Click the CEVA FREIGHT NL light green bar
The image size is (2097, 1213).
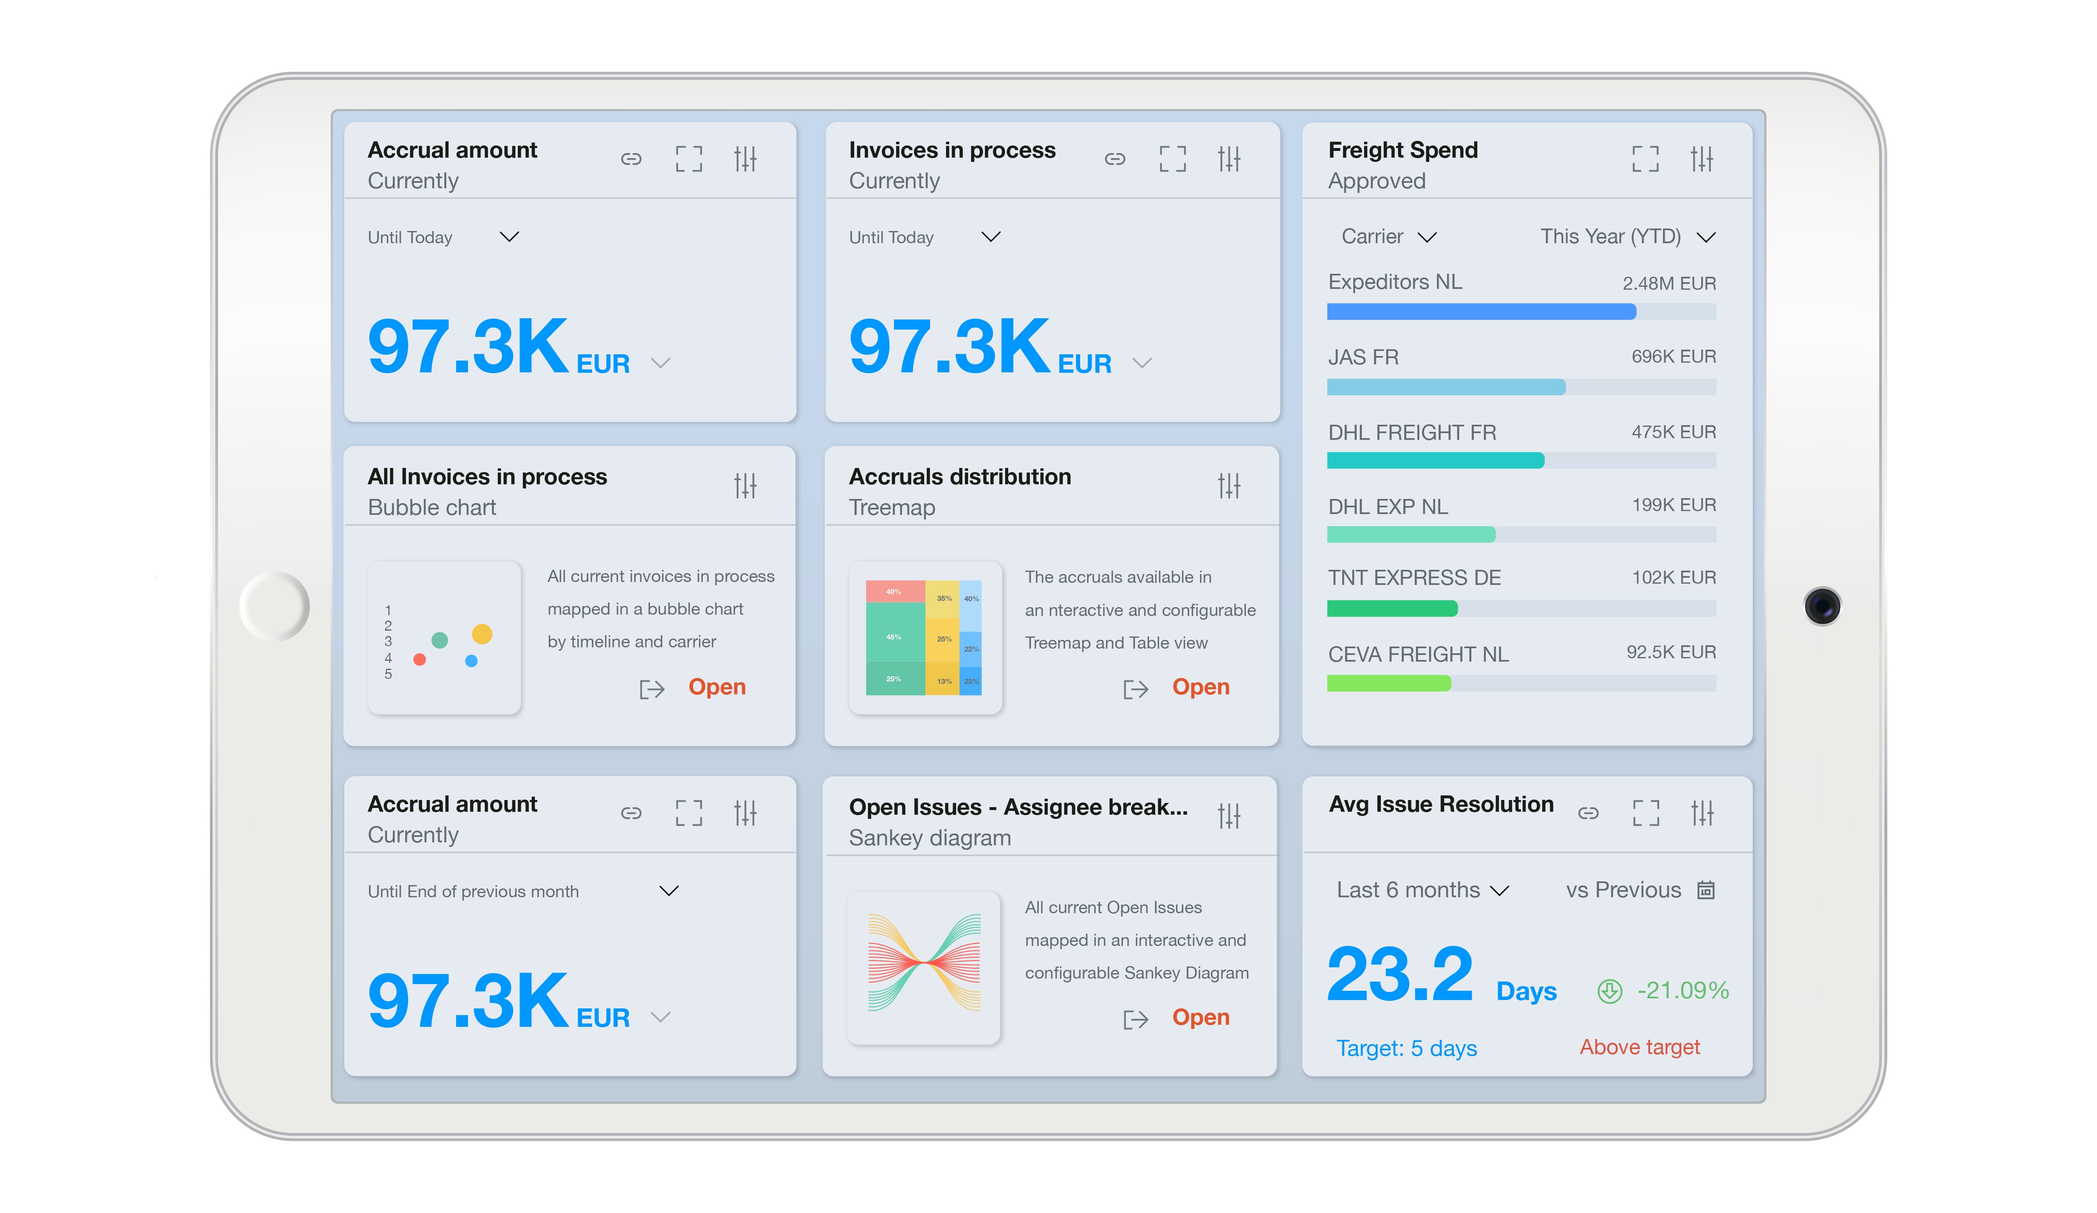click(1388, 683)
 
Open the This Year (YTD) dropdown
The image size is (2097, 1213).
click(1627, 237)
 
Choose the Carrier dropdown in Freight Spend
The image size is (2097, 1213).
click(1388, 237)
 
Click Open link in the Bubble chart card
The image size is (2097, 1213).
click(717, 687)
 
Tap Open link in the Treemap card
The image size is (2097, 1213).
click(1200, 687)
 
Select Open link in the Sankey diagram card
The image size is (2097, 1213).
click(1200, 1018)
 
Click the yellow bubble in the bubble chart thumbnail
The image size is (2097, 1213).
click(482, 634)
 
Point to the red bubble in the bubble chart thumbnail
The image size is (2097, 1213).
click(419, 660)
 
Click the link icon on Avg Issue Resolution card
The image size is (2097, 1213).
click(1588, 813)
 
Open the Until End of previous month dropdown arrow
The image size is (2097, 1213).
click(668, 891)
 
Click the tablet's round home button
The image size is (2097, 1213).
click(275, 606)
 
